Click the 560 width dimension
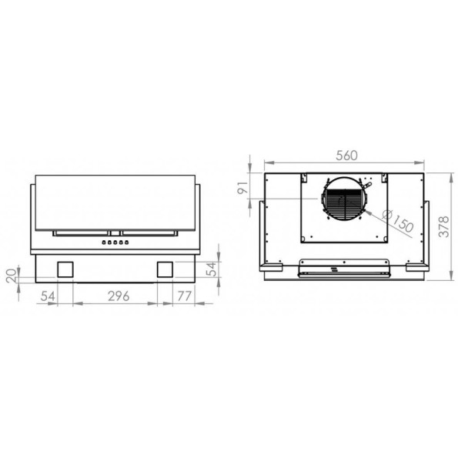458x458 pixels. tap(346, 155)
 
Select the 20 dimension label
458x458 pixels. tap(11, 275)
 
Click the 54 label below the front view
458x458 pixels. tap(48, 296)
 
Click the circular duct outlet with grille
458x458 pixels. tap(343, 202)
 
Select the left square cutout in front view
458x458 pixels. tap(65, 269)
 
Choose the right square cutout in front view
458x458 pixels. tap(165, 269)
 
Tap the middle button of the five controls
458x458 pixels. tap(115, 243)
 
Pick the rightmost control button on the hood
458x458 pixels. tap(126, 243)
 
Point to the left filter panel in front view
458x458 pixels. tap(82, 232)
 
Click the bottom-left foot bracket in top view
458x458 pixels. tap(270, 266)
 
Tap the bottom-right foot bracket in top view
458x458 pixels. tap(416, 266)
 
